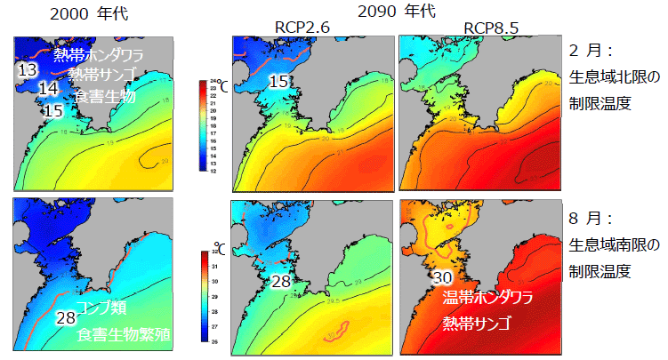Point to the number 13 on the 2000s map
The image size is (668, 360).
pyautogui.click(x=27, y=70)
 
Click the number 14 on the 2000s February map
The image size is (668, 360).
pyautogui.click(x=48, y=89)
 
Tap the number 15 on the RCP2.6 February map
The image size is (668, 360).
pyautogui.click(x=278, y=82)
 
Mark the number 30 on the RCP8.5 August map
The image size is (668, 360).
pyautogui.click(x=443, y=277)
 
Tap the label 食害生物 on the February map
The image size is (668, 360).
pyautogui.click(x=104, y=96)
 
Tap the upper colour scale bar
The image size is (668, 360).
pyautogui.click(x=213, y=126)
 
